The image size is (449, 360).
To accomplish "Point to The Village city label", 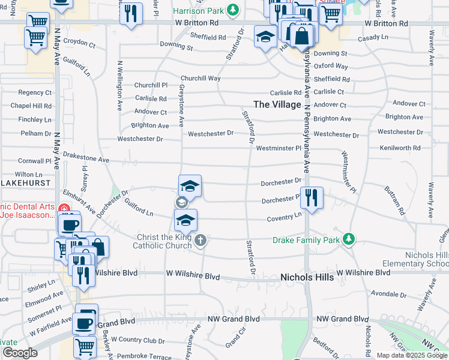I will pos(277,104).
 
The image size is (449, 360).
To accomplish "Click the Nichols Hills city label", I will pos(307,277).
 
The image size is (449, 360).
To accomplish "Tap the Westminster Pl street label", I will pos(278,148).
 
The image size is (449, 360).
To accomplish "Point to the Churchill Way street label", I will pos(200,79).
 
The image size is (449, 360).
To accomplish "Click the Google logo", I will pos(20,353).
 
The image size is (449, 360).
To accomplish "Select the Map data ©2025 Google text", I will pos(412,355).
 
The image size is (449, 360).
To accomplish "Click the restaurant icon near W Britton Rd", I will pos(131,13).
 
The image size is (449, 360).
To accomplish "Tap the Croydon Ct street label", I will pos(79,44).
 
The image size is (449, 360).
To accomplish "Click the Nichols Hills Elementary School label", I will pos(427,259).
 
